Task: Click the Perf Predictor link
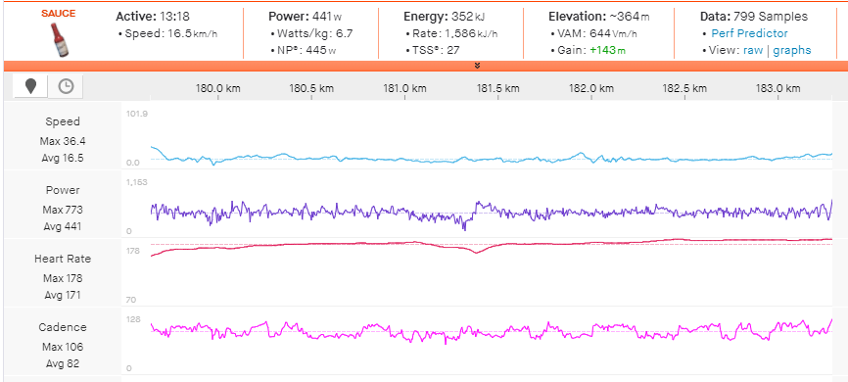click(x=749, y=33)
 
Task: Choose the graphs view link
click(x=792, y=50)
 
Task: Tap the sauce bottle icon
click(x=58, y=38)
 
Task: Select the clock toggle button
click(x=66, y=86)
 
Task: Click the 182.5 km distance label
click(x=684, y=88)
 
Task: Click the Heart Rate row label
click(x=63, y=259)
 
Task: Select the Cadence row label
click(x=63, y=327)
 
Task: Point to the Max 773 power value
click(x=63, y=210)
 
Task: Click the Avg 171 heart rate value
click(x=63, y=295)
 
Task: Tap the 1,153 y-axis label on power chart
click(x=136, y=183)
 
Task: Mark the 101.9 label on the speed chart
click(x=136, y=114)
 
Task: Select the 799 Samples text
click(x=771, y=17)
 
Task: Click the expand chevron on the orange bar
click(x=477, y=66)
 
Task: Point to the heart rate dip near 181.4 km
click(x=477, y=252)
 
